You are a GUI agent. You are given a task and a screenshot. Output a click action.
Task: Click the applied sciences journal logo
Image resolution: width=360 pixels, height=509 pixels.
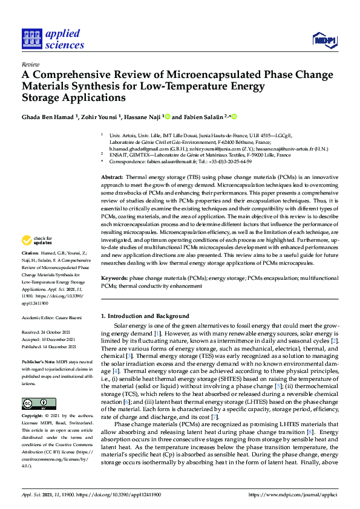pos(53,39)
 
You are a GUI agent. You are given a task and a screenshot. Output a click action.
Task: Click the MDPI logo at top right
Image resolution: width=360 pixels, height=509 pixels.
pos(324,40)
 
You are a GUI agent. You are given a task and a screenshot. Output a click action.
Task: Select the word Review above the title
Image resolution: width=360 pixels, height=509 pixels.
pos(30,63)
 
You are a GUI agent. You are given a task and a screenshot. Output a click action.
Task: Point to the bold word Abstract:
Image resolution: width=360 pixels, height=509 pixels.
pos(113,175)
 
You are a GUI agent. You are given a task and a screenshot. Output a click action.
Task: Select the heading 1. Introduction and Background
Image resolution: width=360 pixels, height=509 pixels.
pos(145,316)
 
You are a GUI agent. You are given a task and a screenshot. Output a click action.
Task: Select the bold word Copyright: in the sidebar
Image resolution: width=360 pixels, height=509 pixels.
pos(33,417)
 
